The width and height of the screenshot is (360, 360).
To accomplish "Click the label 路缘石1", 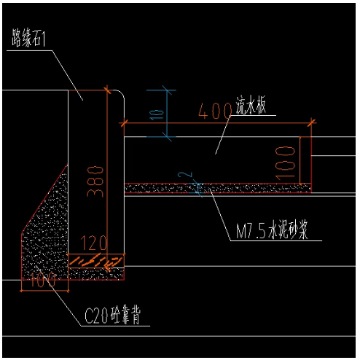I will point(28,38).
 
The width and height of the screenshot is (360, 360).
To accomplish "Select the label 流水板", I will point(254,108).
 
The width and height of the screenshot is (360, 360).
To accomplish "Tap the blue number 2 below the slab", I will point(189,176).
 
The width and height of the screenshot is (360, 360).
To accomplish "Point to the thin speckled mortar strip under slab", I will point(219,188).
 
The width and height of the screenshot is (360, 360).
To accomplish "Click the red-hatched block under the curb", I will point(97,259).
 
